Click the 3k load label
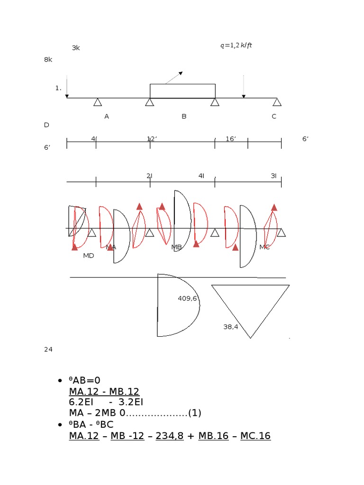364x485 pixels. pyautogui.click(x=76, y=48)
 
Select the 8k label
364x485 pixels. pyautogui.click(x=48, y=60)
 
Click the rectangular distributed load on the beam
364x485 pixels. pyautogui.click(x=182, y=91)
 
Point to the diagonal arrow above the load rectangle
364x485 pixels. pyautogui.click(x=174, y=78)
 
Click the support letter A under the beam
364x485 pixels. pyautogui.click(x=107, y=117)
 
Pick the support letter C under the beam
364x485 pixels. pyautogui.click(x=274, y=117)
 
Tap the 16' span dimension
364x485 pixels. pyautogui.click(x=231, y=139)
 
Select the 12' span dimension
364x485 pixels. pyautogui.click(x=152, y=139)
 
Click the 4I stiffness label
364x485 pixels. pyautogui.click(x=201, y=176)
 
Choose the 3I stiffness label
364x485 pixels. pyautogui.click(x=273, y=176)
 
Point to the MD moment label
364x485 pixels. pyautogui.click(x=89, y=256)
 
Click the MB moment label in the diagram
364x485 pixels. pyautogui.click(x=176, y=247)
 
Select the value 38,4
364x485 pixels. pyautogui.click(x=231, y=327)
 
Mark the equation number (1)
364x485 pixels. pyautogui.click(x=195, y=413)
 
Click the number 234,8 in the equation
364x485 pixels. pyautogui.click(x=169, y=436)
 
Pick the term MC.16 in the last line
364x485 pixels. pyautogui.click(x=255, y=436)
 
